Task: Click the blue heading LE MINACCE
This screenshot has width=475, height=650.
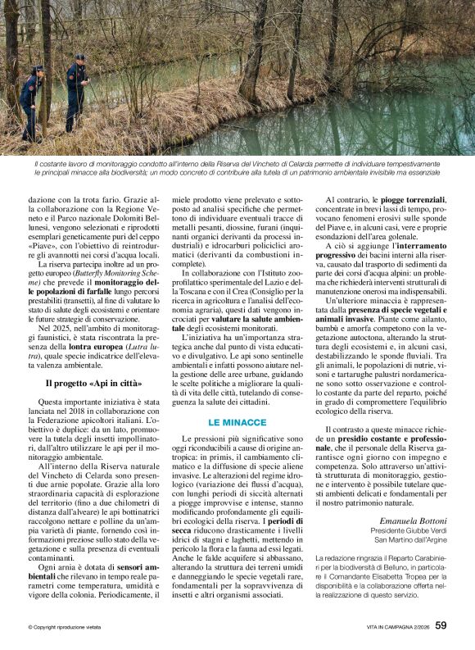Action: (237, 421)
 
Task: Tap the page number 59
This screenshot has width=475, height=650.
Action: (441, 626)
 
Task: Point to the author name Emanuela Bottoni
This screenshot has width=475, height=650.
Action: (413, 520)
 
